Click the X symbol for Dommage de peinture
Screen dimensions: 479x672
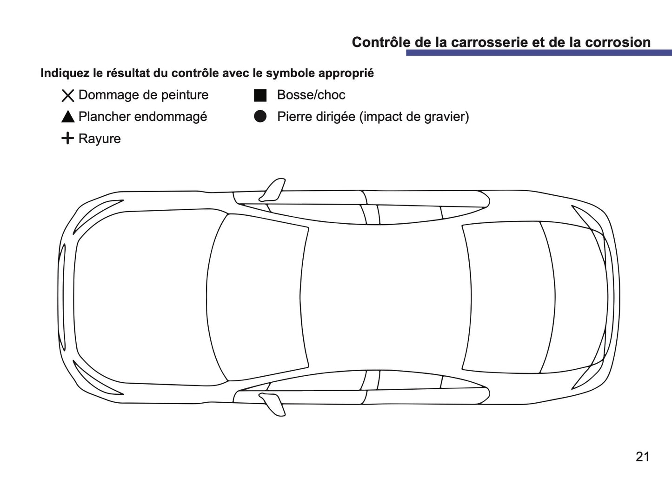click(68, 96)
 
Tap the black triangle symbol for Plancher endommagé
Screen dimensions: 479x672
click(68, 117)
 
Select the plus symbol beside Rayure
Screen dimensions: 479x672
click(68, 138)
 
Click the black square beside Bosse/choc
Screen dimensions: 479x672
click(260, 95)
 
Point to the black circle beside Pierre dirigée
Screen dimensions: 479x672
click(260, 117)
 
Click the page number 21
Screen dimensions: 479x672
click(642, 457)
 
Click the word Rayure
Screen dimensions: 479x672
click(100, 139)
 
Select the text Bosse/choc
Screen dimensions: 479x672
click(311, 95)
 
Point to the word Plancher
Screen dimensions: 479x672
click(102, 116)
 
